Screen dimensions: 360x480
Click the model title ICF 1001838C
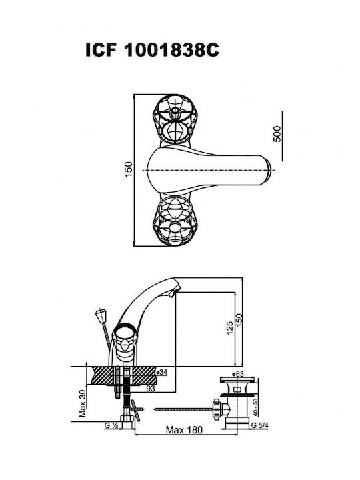(x=152, y=50)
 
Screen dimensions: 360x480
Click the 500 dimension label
(x=277, y=134)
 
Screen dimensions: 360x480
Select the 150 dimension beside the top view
(x=129, y=169)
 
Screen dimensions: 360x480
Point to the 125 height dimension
(x=229, y=327)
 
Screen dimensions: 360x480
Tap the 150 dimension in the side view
(x=239, y=320)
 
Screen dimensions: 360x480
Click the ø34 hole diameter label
(x=161, y=372)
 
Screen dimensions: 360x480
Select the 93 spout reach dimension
(x=150, y=388)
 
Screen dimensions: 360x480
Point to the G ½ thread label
(x=111, y=425)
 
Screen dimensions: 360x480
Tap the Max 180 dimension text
(x=184, y=430)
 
